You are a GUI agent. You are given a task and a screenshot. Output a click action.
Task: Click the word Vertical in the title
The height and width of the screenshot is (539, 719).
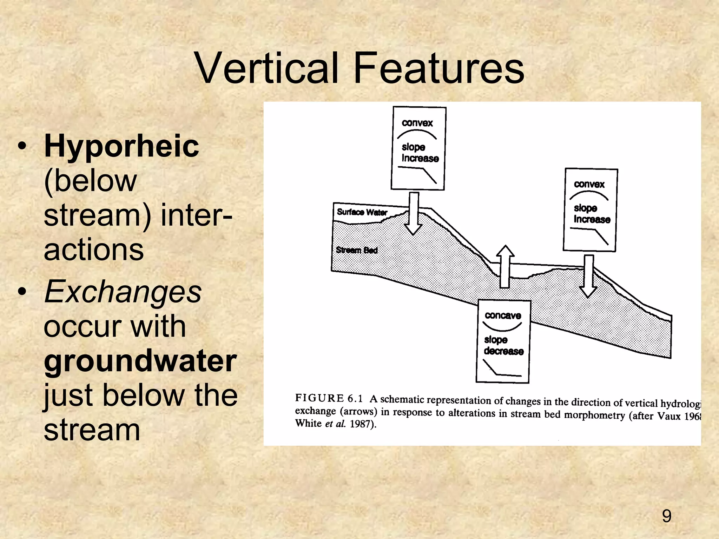(267, 68)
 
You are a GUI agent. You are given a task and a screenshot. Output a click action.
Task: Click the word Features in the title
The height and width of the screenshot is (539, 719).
(439, 68)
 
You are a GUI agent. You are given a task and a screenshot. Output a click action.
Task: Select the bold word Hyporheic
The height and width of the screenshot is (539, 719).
(121, 147)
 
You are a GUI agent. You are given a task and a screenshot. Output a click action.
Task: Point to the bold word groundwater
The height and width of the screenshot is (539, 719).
(140, 361)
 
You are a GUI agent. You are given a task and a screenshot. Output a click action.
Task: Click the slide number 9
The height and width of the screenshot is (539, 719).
(666, 516)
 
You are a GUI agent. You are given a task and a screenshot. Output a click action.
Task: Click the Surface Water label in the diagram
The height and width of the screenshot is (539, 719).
(362, 212)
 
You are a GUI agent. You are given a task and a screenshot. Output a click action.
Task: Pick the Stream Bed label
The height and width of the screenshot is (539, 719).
(356, 250)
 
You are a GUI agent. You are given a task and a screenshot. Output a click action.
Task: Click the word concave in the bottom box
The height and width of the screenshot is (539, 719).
(503, 315)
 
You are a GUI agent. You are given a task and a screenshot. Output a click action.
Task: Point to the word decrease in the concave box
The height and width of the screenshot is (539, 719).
(503, 351)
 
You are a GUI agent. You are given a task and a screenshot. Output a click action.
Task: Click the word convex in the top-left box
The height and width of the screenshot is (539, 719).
(417, 123)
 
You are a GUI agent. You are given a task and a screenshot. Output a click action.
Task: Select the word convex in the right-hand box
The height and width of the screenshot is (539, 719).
(589, 184)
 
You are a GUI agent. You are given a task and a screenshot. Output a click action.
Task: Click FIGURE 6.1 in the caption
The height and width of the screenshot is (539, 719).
(329, 398)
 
